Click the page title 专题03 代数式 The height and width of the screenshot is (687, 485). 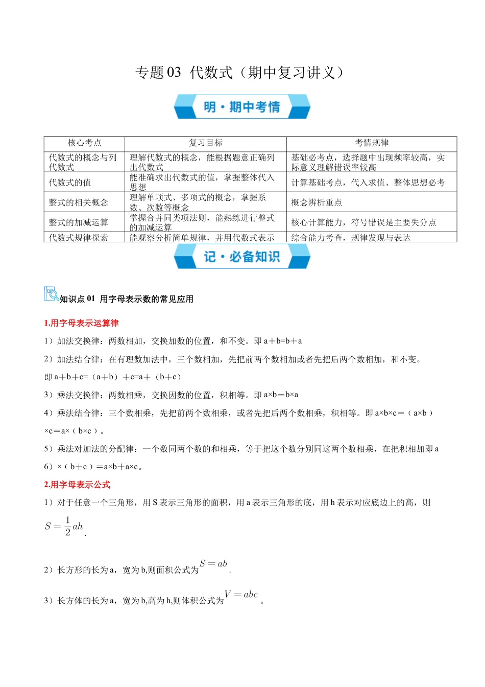pos(239,73)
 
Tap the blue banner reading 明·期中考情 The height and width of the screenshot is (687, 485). pos(242,107)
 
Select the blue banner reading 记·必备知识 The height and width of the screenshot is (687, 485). pos(242,257)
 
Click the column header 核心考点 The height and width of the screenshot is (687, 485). pos(84,143)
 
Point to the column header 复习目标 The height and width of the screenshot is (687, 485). pos(205,143)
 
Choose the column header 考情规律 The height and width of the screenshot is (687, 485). pos(371,143)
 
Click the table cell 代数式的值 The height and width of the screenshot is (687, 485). pos(70,182)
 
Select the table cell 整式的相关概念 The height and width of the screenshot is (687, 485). pos(78,202)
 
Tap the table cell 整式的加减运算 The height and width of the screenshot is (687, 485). pos(78,222)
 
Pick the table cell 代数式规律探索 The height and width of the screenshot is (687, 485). pos(78,238)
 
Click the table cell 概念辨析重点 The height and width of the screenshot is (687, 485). pos(317,202)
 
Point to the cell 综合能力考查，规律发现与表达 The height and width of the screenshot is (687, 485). pos(351,238)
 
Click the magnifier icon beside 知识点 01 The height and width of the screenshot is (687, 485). pos(51,294)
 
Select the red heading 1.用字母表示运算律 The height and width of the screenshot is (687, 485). pos(81,323)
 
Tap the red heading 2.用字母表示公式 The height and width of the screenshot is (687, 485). pos(77,485)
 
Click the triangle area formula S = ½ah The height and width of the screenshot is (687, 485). pos(64,526)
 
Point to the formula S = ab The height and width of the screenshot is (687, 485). pos(213,564)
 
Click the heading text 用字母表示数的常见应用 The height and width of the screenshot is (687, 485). pos(147,299)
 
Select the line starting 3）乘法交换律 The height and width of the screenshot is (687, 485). pos(171,395)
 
